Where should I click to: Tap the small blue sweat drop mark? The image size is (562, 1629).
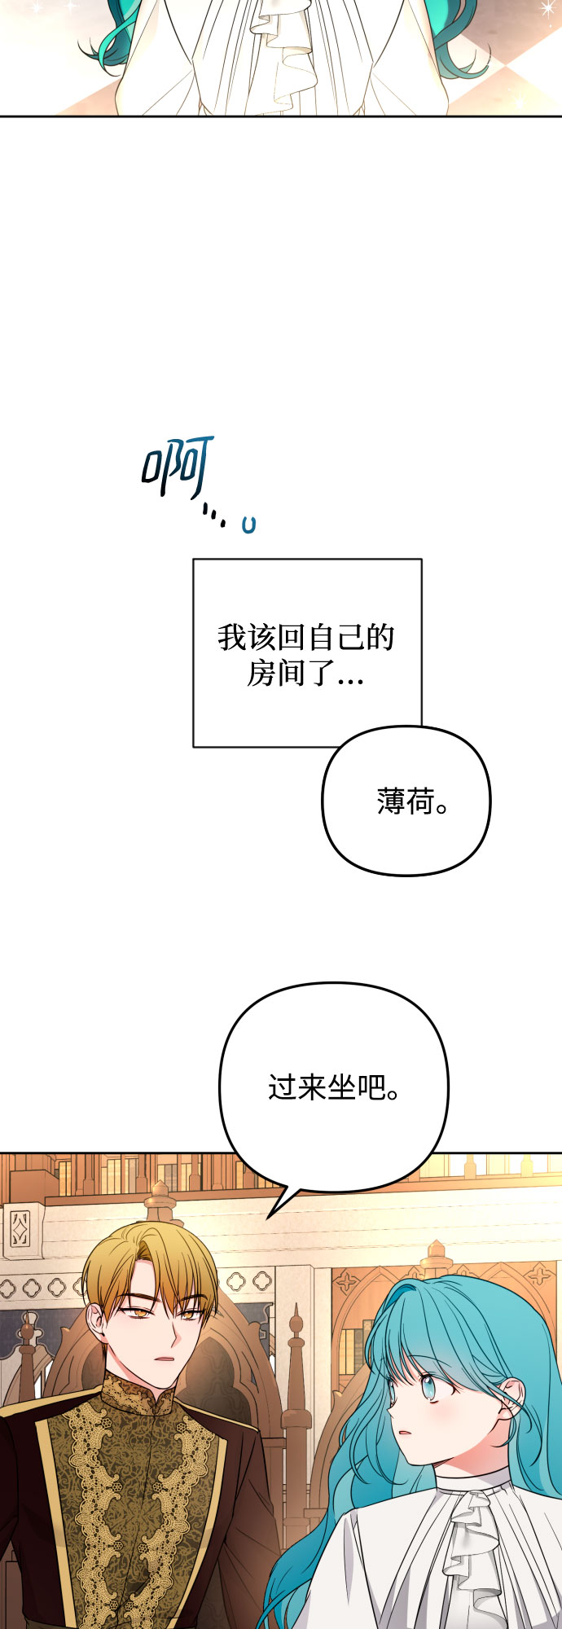[x=248, y=525]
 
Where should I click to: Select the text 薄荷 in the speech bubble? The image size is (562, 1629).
[x=405, y=801]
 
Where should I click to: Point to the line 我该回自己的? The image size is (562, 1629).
[x=305, y=638]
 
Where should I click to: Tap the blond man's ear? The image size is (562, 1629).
[x=97, y=1321]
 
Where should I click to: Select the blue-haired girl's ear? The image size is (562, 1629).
[x=512, y=1398]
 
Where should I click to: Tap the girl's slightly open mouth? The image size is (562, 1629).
[x=403, y=1432]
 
